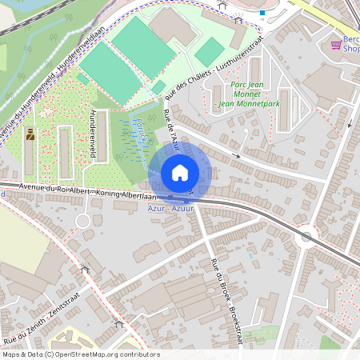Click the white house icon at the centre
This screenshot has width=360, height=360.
[180, 172]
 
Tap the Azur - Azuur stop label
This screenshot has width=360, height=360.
[170, 208]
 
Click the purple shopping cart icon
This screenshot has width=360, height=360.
[336, 46]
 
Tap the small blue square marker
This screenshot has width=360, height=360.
[262, 12]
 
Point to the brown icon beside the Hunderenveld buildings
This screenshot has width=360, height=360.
[30, 134]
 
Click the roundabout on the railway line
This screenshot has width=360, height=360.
[305, 237]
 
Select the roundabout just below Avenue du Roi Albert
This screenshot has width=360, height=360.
[82, 221]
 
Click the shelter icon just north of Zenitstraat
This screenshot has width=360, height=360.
[85, 270]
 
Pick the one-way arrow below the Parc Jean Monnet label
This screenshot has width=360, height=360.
[235, 154]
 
